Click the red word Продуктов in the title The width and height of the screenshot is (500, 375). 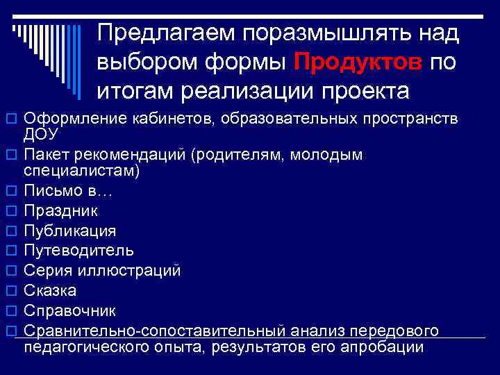tap(358, 62)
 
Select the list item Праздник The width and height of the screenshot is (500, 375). tap(61, 210)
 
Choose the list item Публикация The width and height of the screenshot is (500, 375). tap(70, 231)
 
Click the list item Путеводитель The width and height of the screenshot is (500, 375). tap(79, 250)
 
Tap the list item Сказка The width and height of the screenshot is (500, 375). tap(51, 290)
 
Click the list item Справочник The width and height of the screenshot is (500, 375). tap(70, 310)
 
